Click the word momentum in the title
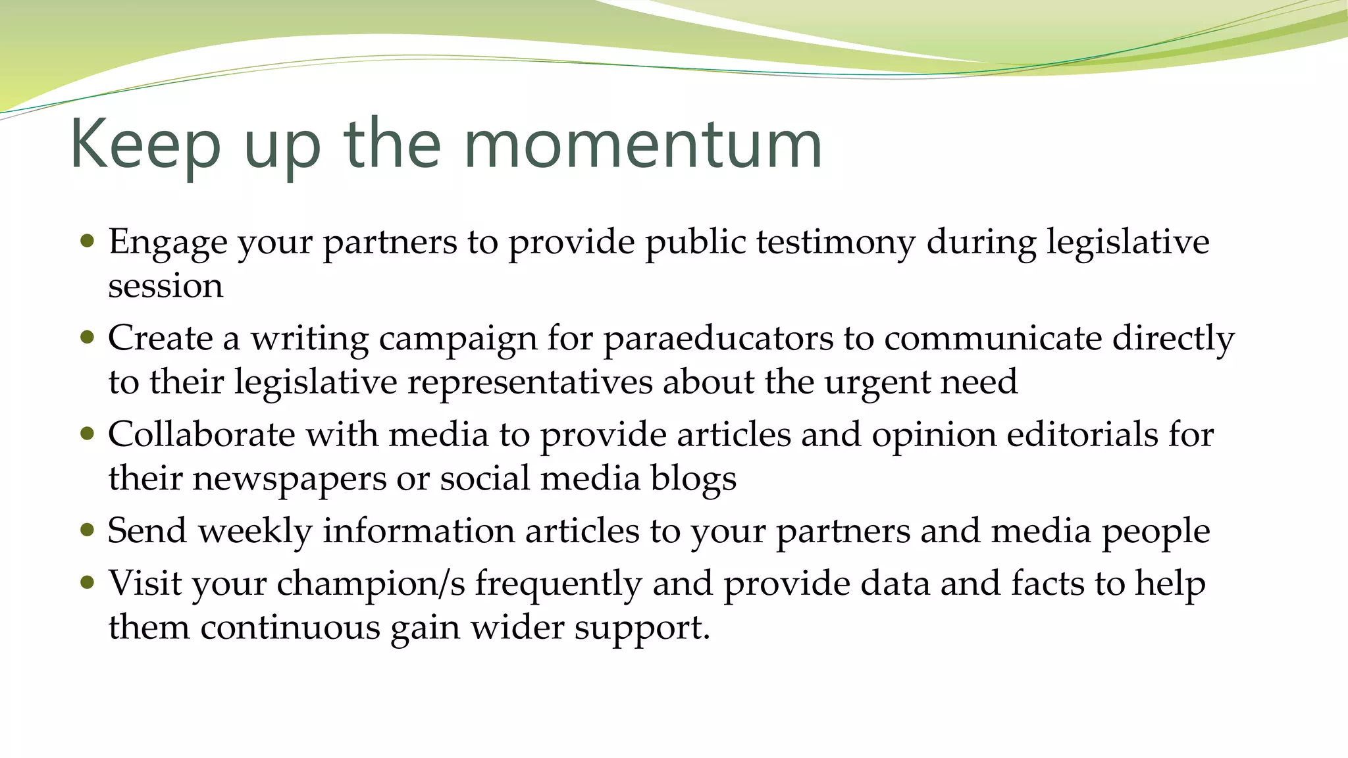click(x=643, y=145)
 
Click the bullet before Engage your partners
click(x=87, y=241)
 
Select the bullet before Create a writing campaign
click(x=87, y=338)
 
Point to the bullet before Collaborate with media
click(x=87, y=434)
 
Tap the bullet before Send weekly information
click(x=87, y=530)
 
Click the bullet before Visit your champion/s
click(x=87, y=582)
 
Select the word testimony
click(x=835, y=242)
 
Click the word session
click(x=165, y=286)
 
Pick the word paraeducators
click(x=718, y=338)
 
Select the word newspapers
click(x=289, y=479)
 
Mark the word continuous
click(x=290, y=627)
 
